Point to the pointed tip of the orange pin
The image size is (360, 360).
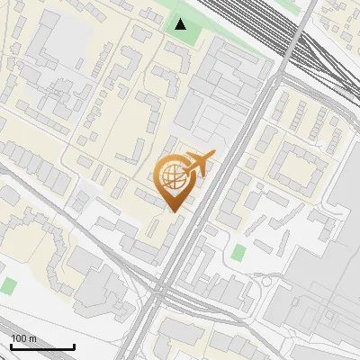(174, 211)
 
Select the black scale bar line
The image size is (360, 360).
(42, 346)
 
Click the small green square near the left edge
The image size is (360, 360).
(8, 286)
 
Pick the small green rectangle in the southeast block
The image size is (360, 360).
(238, 252)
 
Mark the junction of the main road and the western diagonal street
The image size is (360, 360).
(160, 290)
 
